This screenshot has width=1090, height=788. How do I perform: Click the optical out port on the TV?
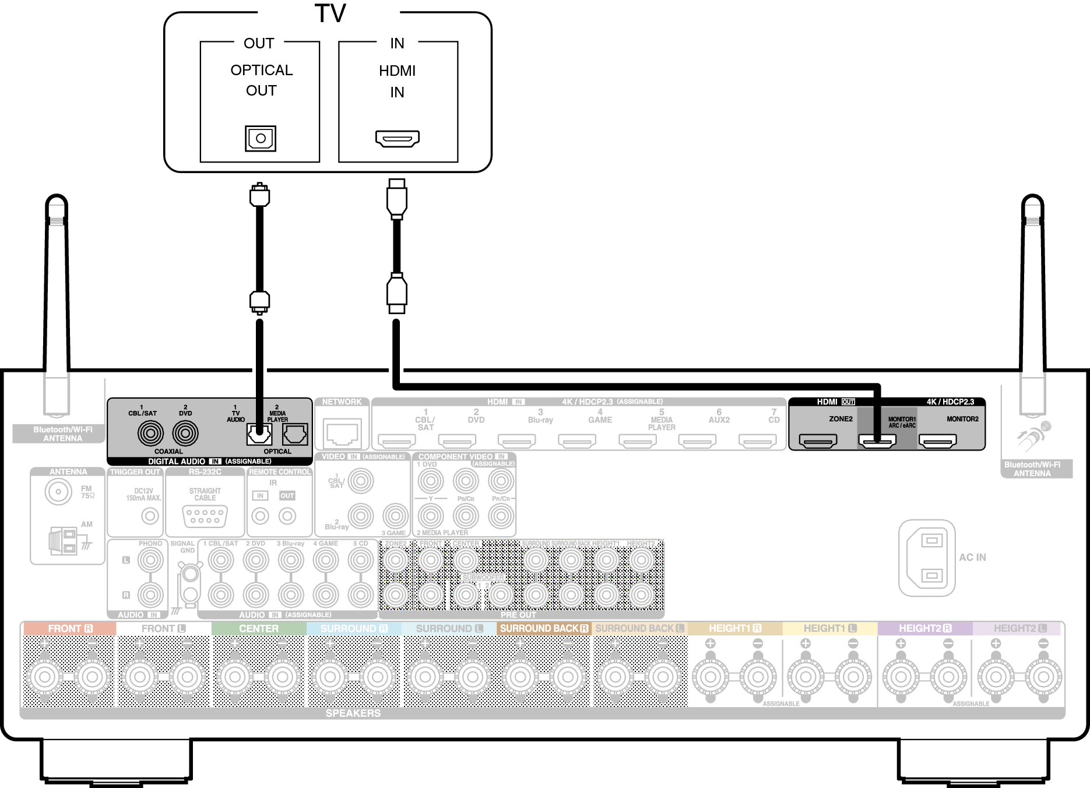click(261, 139)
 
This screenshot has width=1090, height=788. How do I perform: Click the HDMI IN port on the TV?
click(397, 139)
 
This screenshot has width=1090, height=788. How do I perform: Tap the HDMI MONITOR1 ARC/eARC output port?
click(877, 441)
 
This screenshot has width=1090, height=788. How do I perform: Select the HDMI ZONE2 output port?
click(818, 441)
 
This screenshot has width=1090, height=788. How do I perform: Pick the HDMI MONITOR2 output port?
click(937, 441)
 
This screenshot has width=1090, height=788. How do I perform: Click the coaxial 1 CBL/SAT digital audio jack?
click(150, 433)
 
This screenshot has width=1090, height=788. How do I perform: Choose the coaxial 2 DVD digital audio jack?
click(185, 433)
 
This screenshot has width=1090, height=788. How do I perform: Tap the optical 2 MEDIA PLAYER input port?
click(295, 434)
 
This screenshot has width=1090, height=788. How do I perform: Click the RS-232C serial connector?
click(205, 516)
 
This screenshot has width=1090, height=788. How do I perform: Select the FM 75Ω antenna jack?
click(58, 491)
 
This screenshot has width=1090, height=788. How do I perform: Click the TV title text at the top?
click(330, 13)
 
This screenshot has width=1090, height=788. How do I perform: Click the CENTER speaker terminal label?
click(259, 628)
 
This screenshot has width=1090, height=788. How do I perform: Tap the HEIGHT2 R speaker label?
click(924, 628)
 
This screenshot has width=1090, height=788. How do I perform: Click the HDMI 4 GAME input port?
click(576, 441)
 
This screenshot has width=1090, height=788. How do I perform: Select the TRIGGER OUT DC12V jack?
click(150, 516)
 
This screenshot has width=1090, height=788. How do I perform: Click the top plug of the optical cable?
click(259, 195)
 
